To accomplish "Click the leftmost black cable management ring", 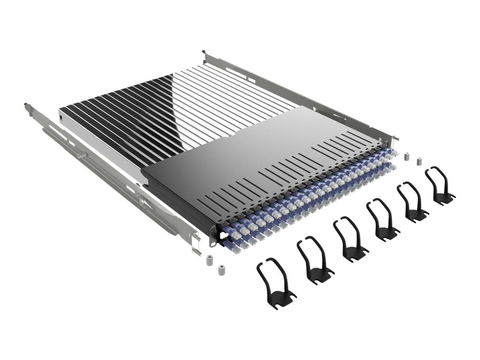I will (276, 284).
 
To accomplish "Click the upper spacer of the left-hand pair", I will (210, 258).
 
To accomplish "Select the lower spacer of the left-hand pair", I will (220, 270).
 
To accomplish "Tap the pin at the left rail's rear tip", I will (25, 105).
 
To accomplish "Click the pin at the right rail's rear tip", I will (203, 52).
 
